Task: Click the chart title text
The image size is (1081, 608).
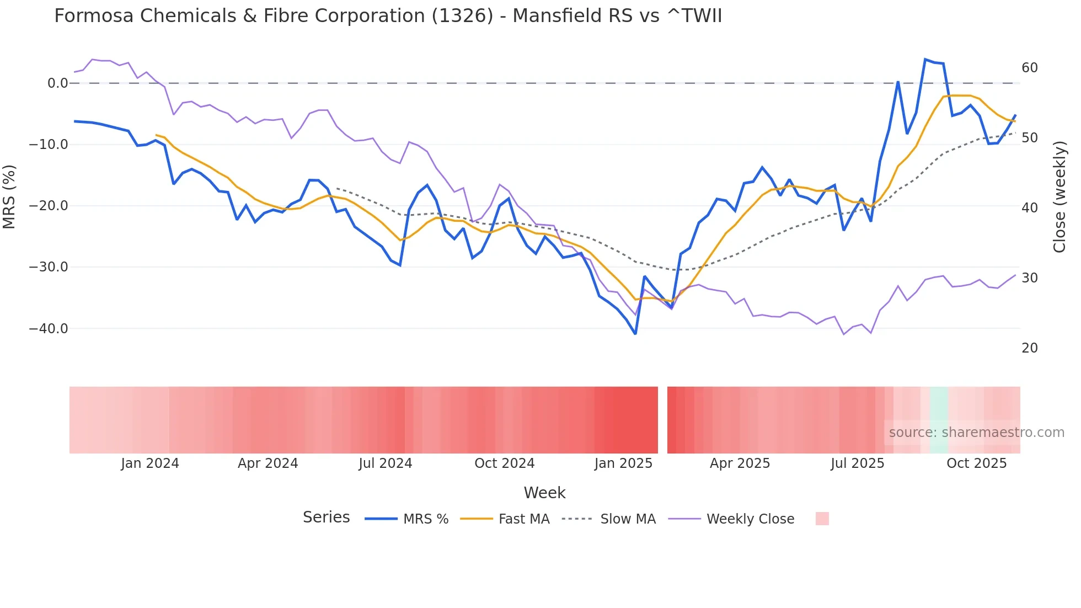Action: pyautogui.click(x=388, y=16)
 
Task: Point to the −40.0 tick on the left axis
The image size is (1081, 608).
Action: pyautogui.click(x=48, y=329)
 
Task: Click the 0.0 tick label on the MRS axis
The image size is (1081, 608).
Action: pyautogui.click(x=57, y=83)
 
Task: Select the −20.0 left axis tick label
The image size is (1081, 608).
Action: pyautogui.click(x=48, y=206)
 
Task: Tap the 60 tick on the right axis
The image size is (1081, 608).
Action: pyautogui.click(x=1029, y=68)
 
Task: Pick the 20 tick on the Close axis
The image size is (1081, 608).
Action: pyautogui.click(x=1029, y=348)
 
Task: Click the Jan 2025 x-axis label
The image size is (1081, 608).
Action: pyautogui.click(x=623, y=463)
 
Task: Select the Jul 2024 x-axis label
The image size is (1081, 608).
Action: pyautogui.click(x=385, y=463)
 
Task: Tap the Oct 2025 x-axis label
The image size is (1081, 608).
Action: pyautogui.click(x=976, y=463)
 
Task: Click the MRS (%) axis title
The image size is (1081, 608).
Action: pyautogui.click(x=9, y=196)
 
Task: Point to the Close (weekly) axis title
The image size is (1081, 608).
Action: pyautogui.click(x=1059, y=197)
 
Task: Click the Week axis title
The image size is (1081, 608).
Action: pyautogui.click(x=544, y=493)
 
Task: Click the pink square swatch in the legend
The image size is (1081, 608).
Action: pyautogui.click(x=822, y=519)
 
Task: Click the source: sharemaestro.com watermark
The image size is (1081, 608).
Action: pyautogui.click(x=976, y=433)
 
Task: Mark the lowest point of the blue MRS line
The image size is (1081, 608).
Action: pyautogui.click(x=635, y=334)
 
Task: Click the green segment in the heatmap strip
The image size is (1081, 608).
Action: pyautogui.click(x=939, y=420)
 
